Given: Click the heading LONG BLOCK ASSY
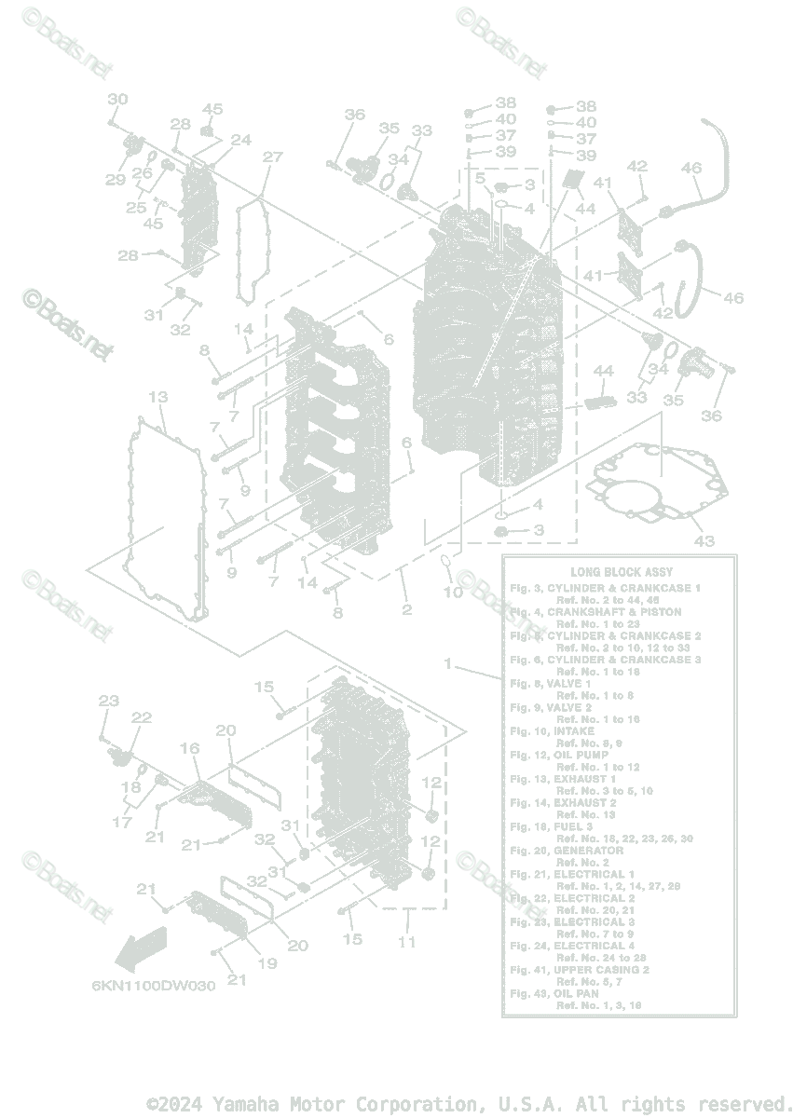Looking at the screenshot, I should [x=621, y=571].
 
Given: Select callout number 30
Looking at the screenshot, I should [x=117, y=100].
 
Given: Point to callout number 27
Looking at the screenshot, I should [x=271, y=157].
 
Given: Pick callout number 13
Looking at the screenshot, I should [x=157, y=398].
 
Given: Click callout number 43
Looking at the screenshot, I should [x=704, y=541].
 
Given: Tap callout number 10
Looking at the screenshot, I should [x=452, y=593].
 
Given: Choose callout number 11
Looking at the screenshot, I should [x=407, y=942].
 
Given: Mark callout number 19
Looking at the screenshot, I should [x=267, y=963].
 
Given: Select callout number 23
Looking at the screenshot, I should [x=109, y=701].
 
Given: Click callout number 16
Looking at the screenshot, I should [x=189, y=748].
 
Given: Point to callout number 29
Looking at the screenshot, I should [x=115, y=180].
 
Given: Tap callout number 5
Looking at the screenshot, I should [x=479, y=178].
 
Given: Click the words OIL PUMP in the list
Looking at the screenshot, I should [x=583, y=755].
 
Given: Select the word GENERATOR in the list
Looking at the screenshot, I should [x=588, y=851].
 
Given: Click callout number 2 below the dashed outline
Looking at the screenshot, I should [x=406, y=610].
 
